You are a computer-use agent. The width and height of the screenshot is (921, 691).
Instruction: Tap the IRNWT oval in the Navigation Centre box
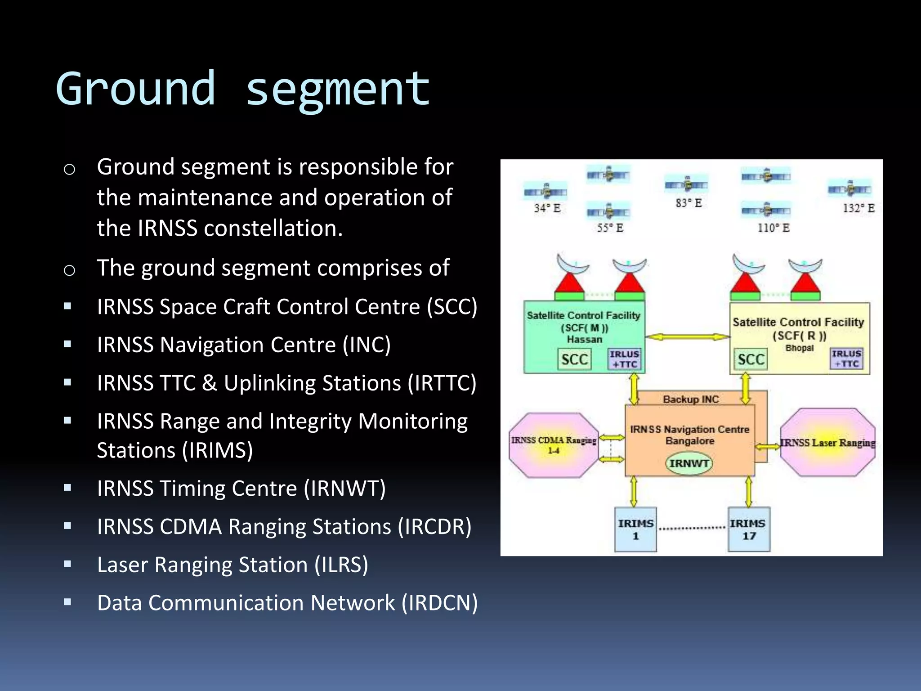coord(689,463)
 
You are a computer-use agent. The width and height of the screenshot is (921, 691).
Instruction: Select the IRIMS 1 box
coord(635,529)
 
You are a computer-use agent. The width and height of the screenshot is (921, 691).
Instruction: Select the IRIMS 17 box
coord(749,529)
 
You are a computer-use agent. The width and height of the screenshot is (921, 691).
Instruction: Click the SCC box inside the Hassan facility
coord(574,359)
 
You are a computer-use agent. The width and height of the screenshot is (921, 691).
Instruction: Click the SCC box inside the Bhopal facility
coord(751,359)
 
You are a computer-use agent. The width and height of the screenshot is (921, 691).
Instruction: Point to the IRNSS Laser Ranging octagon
coord(827,443)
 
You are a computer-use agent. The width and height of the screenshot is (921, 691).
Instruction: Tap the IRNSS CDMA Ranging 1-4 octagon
coord(554,445)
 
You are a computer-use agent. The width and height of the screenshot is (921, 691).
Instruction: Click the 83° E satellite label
coord(689,203)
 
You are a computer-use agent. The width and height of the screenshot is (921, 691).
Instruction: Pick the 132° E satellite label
coord(858,208)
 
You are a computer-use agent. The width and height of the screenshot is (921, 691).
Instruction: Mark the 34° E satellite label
coord(547,208)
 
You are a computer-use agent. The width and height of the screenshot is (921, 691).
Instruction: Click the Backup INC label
coord(691,399)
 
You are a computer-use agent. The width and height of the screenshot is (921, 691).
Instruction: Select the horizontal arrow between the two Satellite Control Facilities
coord(687,337)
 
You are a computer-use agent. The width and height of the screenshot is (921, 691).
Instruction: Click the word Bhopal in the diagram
coord(799,348)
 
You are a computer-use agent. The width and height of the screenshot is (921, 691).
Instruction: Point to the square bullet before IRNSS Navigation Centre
coord(68,345)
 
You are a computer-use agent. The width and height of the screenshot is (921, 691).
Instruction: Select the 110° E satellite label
coord(773,228)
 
